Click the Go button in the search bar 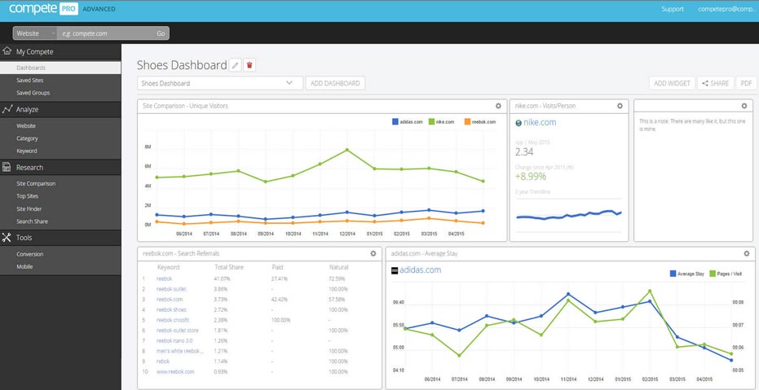[x=161, y=33]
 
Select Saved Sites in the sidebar [x=30, y=81]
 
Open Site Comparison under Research [x=36, y=184]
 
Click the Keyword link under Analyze [x=27, y=151]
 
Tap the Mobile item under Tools [x=24, y=266]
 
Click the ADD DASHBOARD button [x=335, y=83]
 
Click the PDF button [x=746, y=83]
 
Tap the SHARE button [x=714, y=83]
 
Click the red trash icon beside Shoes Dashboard [x=250, y=65]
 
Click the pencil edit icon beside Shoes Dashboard [x=235, y=65]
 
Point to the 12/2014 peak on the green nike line [x=347, y=150]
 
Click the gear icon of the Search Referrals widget [x=373, y=253]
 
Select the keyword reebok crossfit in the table [x=173, y=320]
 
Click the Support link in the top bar [x=673, y=9]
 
